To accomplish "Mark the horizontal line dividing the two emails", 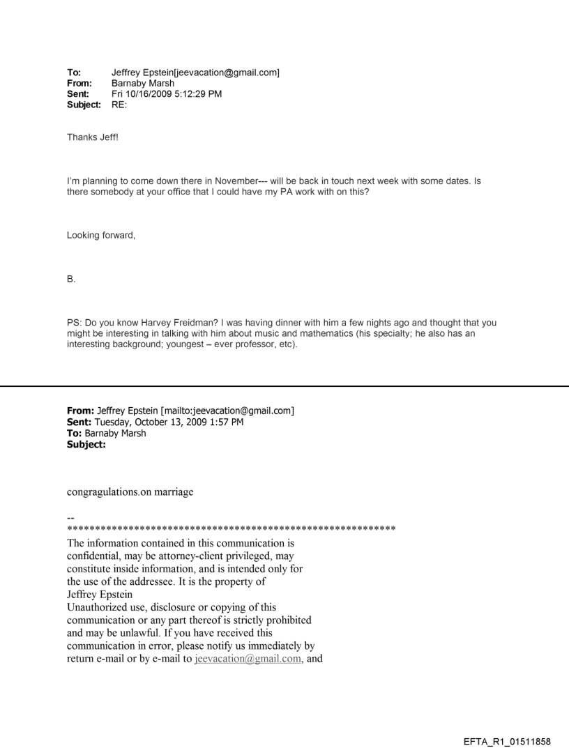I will click(x=284, y=386).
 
